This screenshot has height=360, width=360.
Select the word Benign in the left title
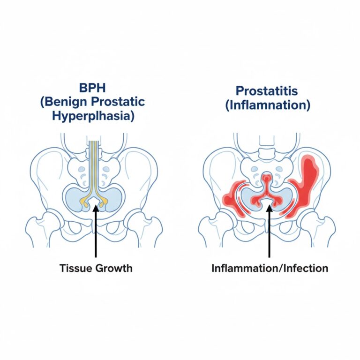click(71, 101)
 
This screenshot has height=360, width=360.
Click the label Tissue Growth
click(96, 268)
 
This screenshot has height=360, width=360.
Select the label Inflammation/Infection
click(270, 268)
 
